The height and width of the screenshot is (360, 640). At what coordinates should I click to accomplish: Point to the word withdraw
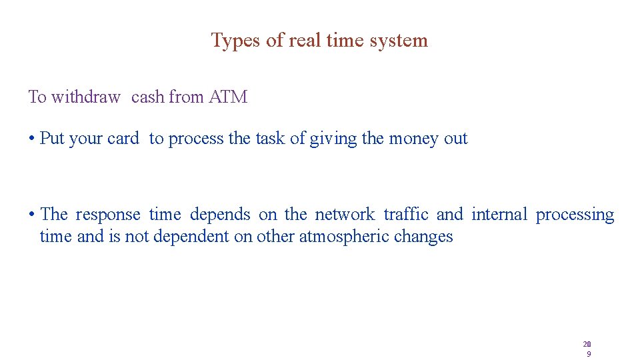85,97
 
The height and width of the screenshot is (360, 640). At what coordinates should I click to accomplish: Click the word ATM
228,97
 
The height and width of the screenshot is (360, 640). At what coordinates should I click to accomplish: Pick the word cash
148,97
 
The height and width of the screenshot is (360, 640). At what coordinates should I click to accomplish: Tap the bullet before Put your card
31,139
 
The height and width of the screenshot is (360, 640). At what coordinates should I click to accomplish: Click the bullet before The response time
31,215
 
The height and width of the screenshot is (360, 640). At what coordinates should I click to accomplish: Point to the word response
108,215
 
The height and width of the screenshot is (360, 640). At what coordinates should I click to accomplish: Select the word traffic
406,215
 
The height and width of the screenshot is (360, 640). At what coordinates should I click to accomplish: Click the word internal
499,215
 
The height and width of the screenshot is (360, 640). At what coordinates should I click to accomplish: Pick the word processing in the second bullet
575,215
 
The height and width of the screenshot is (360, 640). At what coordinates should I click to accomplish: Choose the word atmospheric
344,237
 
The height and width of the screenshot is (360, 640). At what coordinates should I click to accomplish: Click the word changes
423,237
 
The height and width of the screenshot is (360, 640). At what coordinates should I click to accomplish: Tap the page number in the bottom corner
587,349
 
